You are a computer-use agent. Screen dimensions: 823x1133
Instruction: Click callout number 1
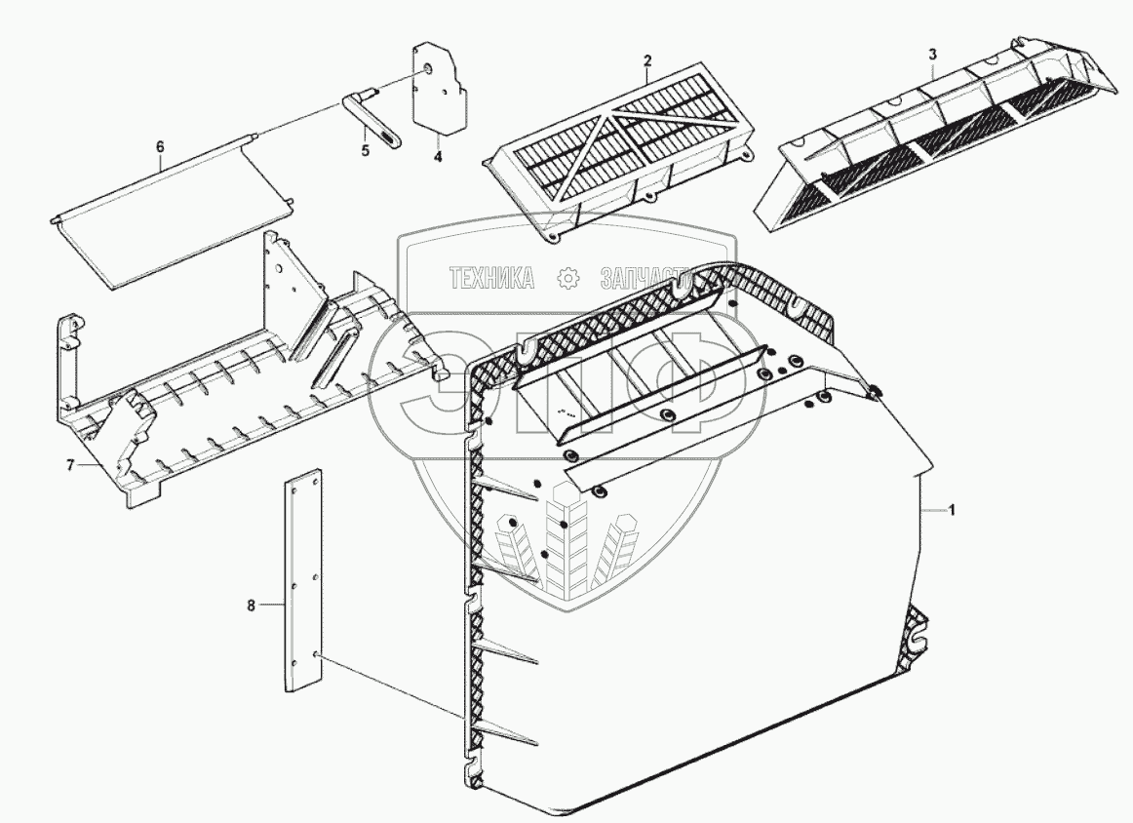tap(953, 510)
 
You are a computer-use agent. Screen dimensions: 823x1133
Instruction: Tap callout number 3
tap(932, 54)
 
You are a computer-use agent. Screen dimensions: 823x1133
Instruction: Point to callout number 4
tap(438, 155)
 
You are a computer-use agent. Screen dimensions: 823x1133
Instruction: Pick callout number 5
tap(366, 152)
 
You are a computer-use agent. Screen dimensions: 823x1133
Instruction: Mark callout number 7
tap(70, 465)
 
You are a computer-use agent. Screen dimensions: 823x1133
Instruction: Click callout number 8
tap(252, 606)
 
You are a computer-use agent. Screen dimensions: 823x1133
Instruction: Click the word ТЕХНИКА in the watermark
tap(491, 279)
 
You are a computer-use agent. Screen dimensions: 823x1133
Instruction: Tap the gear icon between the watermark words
tap(567, 279)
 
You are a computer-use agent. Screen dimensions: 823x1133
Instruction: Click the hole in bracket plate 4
tap(429, 70)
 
